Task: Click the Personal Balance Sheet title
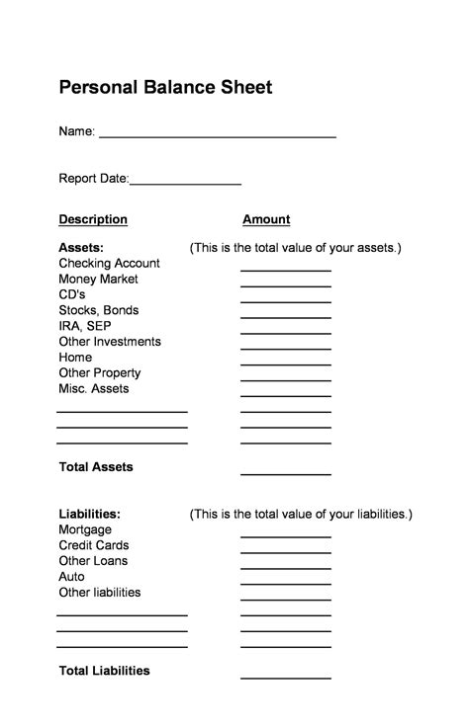click(165, 88)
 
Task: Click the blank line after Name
click(217, 134)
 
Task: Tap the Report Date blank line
click(185, 183)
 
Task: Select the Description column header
click(93, 219)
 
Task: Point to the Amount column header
click(266, 219)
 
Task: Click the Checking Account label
click(109, 263)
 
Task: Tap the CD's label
click(72, 294)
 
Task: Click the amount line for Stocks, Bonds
click(285, 316)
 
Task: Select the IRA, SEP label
click(85, 326)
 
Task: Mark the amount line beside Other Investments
click(285, 348)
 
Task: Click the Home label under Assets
click(75, 358)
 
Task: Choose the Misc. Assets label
click(94, 389)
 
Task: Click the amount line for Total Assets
click(285, 473)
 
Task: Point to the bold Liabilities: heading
click(90, 514)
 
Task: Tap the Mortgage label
click(85, 529)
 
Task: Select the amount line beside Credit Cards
click(285, 551)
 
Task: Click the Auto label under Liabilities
click(71, 577)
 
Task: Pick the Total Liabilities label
click(104, 671)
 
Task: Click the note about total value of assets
click(296, 247)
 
